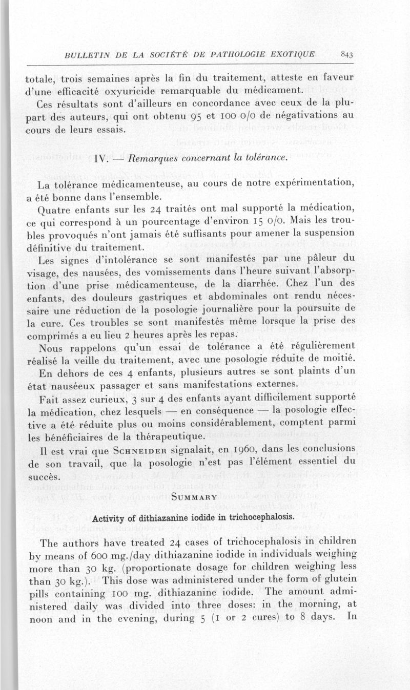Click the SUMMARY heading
(x=191, y=497)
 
